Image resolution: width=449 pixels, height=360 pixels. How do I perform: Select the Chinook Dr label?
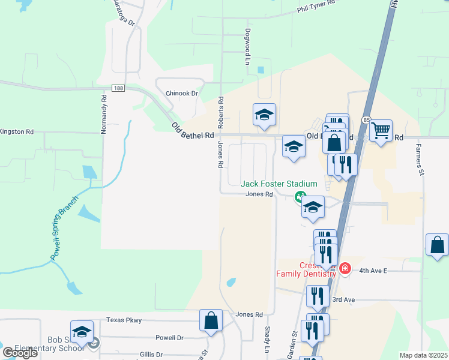181,94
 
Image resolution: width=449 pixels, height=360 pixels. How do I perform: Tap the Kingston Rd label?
17,131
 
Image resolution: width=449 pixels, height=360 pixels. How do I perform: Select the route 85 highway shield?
366,120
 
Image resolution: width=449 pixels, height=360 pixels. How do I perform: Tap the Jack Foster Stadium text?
279,184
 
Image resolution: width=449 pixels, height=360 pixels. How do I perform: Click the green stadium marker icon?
299,196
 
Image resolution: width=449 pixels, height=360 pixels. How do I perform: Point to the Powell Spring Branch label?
64,228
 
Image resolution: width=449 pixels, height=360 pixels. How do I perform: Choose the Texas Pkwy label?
124,320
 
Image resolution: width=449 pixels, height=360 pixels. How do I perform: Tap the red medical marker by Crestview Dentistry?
345,268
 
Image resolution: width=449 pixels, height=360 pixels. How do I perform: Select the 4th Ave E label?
373,271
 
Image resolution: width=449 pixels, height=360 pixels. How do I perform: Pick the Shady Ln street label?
268,340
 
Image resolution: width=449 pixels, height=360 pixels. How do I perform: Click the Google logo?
20,353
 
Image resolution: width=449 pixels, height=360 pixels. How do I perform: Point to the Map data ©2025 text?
423,355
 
